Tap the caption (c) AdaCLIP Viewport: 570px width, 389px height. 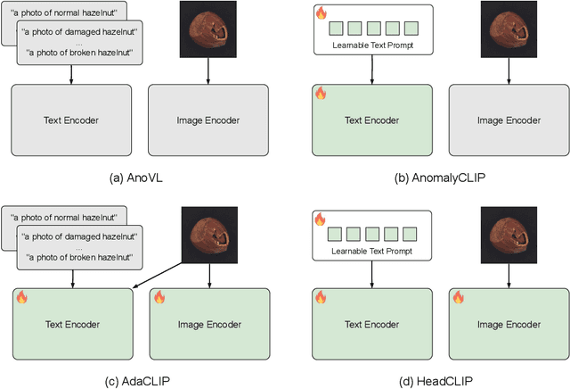tap(139, 381)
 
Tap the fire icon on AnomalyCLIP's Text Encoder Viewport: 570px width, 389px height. tap(321, 94)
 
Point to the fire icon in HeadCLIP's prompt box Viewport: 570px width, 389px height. tap(320, 219)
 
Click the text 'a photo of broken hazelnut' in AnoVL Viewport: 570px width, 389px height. tap(81, 53)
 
